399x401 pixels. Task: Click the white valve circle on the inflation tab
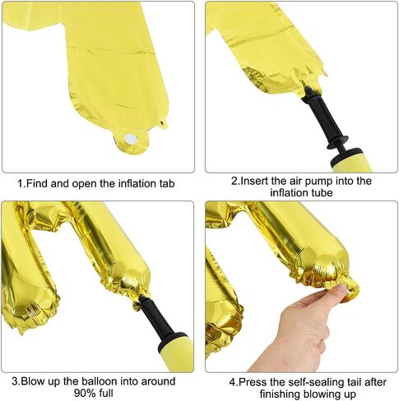tap(129, 139)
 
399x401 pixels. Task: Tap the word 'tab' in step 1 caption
tap(167, 183)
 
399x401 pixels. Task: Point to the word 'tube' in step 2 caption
tap(321, 193)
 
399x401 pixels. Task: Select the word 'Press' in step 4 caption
tap(253, 382)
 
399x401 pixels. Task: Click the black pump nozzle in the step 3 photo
tap(159, 319)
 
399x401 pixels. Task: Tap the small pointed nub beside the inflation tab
tap(164, 124)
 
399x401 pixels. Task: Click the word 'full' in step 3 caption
tap(106, 393)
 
